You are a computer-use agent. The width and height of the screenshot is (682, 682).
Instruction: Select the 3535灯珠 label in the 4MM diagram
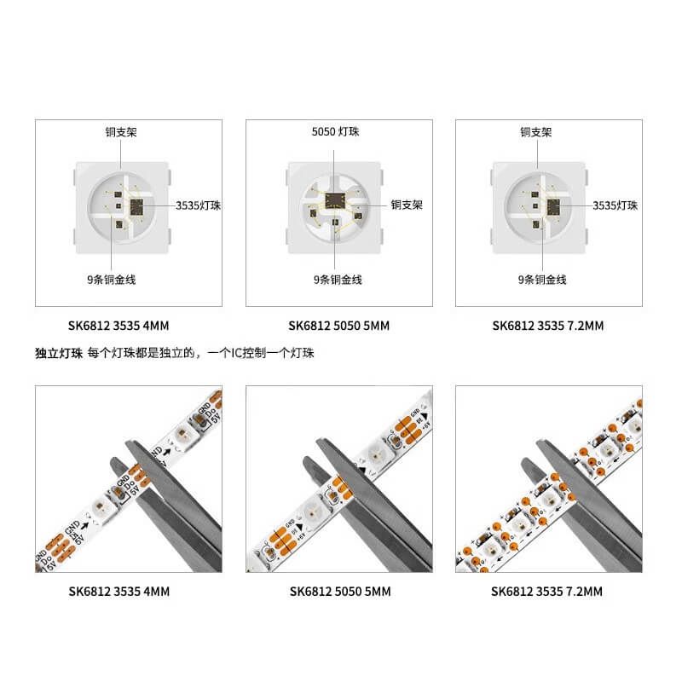(x=199, y=205)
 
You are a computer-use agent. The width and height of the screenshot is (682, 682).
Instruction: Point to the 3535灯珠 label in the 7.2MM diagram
(x=616, y=205)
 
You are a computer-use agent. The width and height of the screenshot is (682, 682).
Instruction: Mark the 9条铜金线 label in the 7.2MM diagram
(x=542, y=280)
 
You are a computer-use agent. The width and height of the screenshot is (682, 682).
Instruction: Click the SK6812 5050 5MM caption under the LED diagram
(x=339, y=326)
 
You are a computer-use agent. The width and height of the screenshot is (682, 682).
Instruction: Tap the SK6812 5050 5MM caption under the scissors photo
(x=339, y=591)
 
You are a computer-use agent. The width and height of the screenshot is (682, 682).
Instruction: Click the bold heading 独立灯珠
(x=58, y=353)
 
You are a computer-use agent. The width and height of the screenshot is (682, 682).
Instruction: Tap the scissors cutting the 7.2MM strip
(x=588, y=503)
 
